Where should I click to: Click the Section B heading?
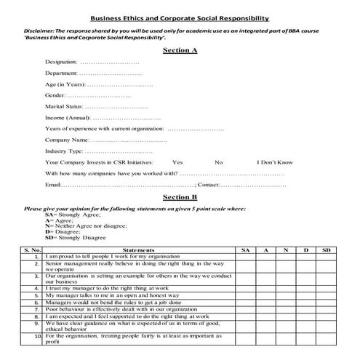[180, 197]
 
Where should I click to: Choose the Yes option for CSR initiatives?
[177, 162]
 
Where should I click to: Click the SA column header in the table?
[244, 249]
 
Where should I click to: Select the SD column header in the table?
[326, 249]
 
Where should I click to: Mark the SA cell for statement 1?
[244, 257]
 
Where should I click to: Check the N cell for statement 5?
[286, 296]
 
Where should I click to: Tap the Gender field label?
[55, 95]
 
